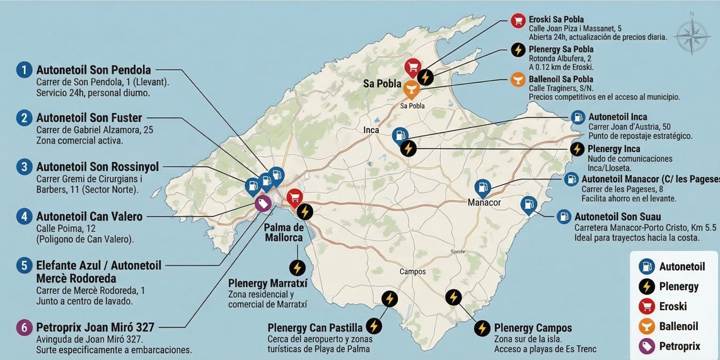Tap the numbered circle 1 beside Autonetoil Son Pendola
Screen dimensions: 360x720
24,70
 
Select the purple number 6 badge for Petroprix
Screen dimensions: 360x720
24,327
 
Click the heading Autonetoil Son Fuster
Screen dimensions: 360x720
89,118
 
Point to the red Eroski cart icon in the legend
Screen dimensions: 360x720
646,306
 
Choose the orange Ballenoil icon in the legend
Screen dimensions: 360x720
646,326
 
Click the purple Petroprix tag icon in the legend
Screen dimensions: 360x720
646,346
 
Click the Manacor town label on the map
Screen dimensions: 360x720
484,202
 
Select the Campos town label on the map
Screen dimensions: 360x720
412,272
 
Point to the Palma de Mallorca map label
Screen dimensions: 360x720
284,233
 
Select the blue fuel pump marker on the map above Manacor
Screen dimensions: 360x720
482,187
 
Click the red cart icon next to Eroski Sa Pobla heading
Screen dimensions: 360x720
518,20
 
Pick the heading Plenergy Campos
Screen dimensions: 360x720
533,328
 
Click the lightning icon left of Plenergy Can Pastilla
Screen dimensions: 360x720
374,326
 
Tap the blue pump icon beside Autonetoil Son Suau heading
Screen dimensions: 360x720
563,217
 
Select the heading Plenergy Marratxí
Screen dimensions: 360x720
267,283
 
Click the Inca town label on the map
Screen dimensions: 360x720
372,130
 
